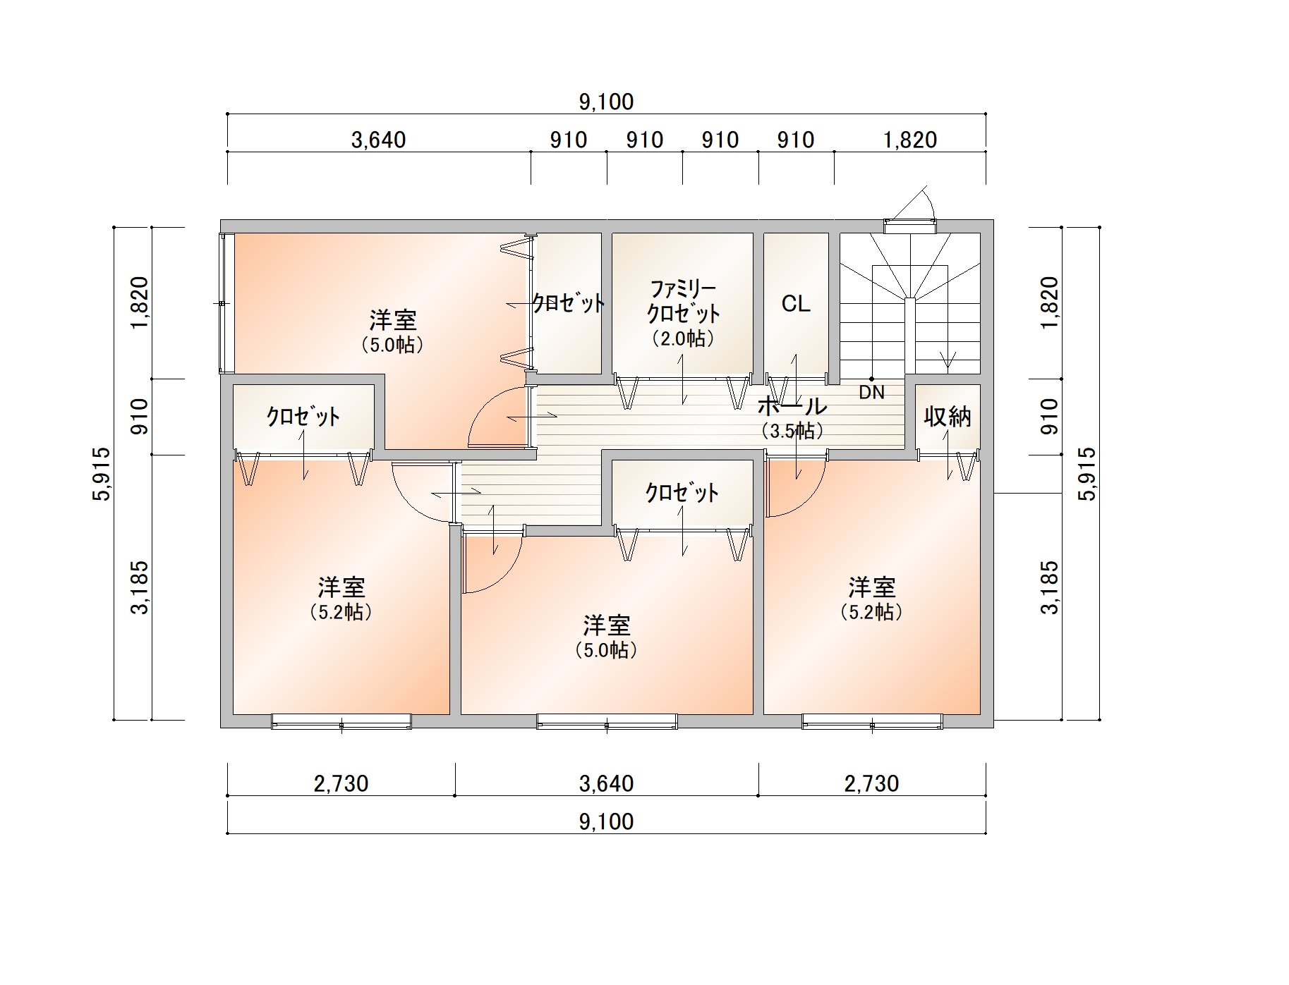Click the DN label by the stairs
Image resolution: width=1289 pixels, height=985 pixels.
pyautogui.click(x=871, y=392)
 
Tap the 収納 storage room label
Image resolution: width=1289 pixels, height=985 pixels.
pyautogui.click(x=948, y=417)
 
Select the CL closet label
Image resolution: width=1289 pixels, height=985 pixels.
pyautogui.click(x=796, y=304)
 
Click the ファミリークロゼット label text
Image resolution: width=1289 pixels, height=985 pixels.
pyautogui.click(x=683, y=300)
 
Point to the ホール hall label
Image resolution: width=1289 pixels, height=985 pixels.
pyautogui.click(x=792, y=406)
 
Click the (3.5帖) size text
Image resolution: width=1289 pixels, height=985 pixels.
pyautogui.click(x=792, y=431)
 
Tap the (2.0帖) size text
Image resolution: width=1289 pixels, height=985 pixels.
pyautogui.click(x=683, y=338)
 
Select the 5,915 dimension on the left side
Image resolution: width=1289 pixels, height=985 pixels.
pyautogui.click(x=102, y=474)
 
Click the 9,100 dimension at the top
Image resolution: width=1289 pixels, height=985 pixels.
pyautogui.click(x=606, y=102)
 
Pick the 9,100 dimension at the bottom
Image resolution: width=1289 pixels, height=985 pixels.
pyautogui.click(x=606, y=821)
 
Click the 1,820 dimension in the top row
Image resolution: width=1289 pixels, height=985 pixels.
pyautogui.click(x=910, y=140)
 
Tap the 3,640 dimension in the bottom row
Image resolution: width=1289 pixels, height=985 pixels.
pyautogui.click(x=606, y=783)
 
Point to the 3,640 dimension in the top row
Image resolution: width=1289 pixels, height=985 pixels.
pyautogui.click(x=379, y=140)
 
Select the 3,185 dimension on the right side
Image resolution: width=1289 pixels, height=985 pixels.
pyautogui.click(x=1050, y=587)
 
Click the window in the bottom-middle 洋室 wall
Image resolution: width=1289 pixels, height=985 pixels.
pyautogui.click(x=607, y=721)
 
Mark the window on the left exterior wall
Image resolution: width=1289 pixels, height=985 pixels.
pyautogui.click(x=225, y=303)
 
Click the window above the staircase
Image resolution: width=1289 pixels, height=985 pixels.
pyautogui.click(x=910, y=226)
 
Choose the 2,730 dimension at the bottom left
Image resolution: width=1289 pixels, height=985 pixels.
pyautogui.click(x=341, y=783)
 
